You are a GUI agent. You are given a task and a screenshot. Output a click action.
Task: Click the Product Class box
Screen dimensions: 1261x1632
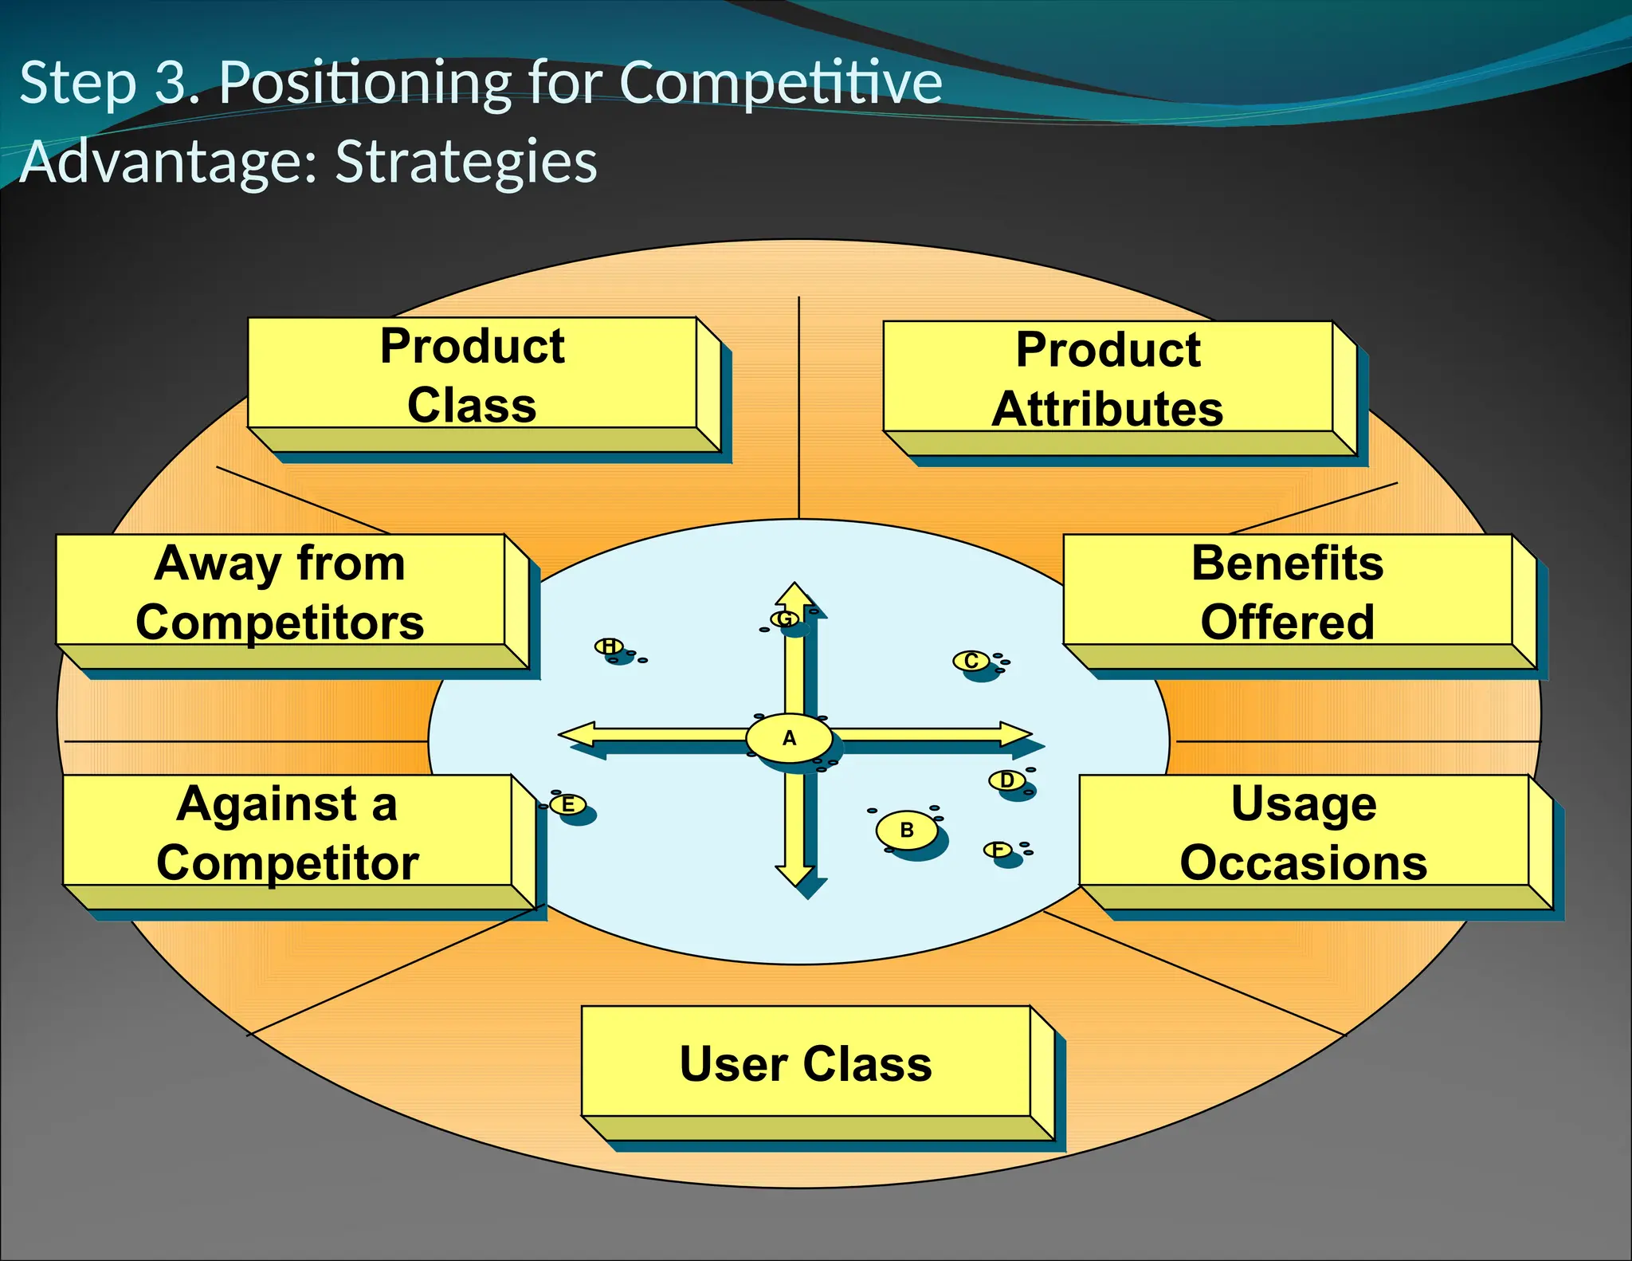pyautogui.click(x=472, y=375)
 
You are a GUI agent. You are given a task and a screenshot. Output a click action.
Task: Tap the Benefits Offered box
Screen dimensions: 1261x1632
pyautogui.click(x=1287, y=591)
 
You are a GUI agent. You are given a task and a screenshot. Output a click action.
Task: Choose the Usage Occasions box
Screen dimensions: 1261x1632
pyautogui.click(x=1303, y=832)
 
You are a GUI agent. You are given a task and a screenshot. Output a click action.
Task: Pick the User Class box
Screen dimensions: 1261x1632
pyautogui.click(x=805, y=1063)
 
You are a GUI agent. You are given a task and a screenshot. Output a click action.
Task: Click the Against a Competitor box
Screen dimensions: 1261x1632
pyautogui.click(x=287, y=832)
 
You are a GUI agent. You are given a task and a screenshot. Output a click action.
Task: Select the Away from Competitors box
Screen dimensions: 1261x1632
pyautogui.click(x=280, y=591)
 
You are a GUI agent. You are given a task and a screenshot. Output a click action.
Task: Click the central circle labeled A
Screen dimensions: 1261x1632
pyautogui.click(x=789, y=738)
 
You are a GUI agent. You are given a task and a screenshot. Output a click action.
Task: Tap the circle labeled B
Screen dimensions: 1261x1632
pyautogui.click(x=907, y=830)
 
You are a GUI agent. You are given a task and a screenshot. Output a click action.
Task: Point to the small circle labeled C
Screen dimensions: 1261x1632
pyautogui.click(x=971, y=661)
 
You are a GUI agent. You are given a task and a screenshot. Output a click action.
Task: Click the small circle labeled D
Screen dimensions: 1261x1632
pyautogui.click(x=1007, y=780)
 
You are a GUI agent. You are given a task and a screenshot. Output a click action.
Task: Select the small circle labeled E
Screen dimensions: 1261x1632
pyautogui.click(x=568, y=805)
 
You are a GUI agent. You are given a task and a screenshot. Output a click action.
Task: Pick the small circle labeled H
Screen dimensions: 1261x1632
pyautogui.click(x=609, y=646)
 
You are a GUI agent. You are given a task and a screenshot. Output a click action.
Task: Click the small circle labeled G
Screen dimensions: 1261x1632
pyautogui.click(x=785, y=619)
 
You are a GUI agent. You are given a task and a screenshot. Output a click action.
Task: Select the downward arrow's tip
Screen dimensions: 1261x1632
pyautogui.click(x=794, y=883)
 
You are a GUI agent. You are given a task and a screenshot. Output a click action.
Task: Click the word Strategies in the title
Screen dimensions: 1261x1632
pyautogui.click(x=466, y=162)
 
